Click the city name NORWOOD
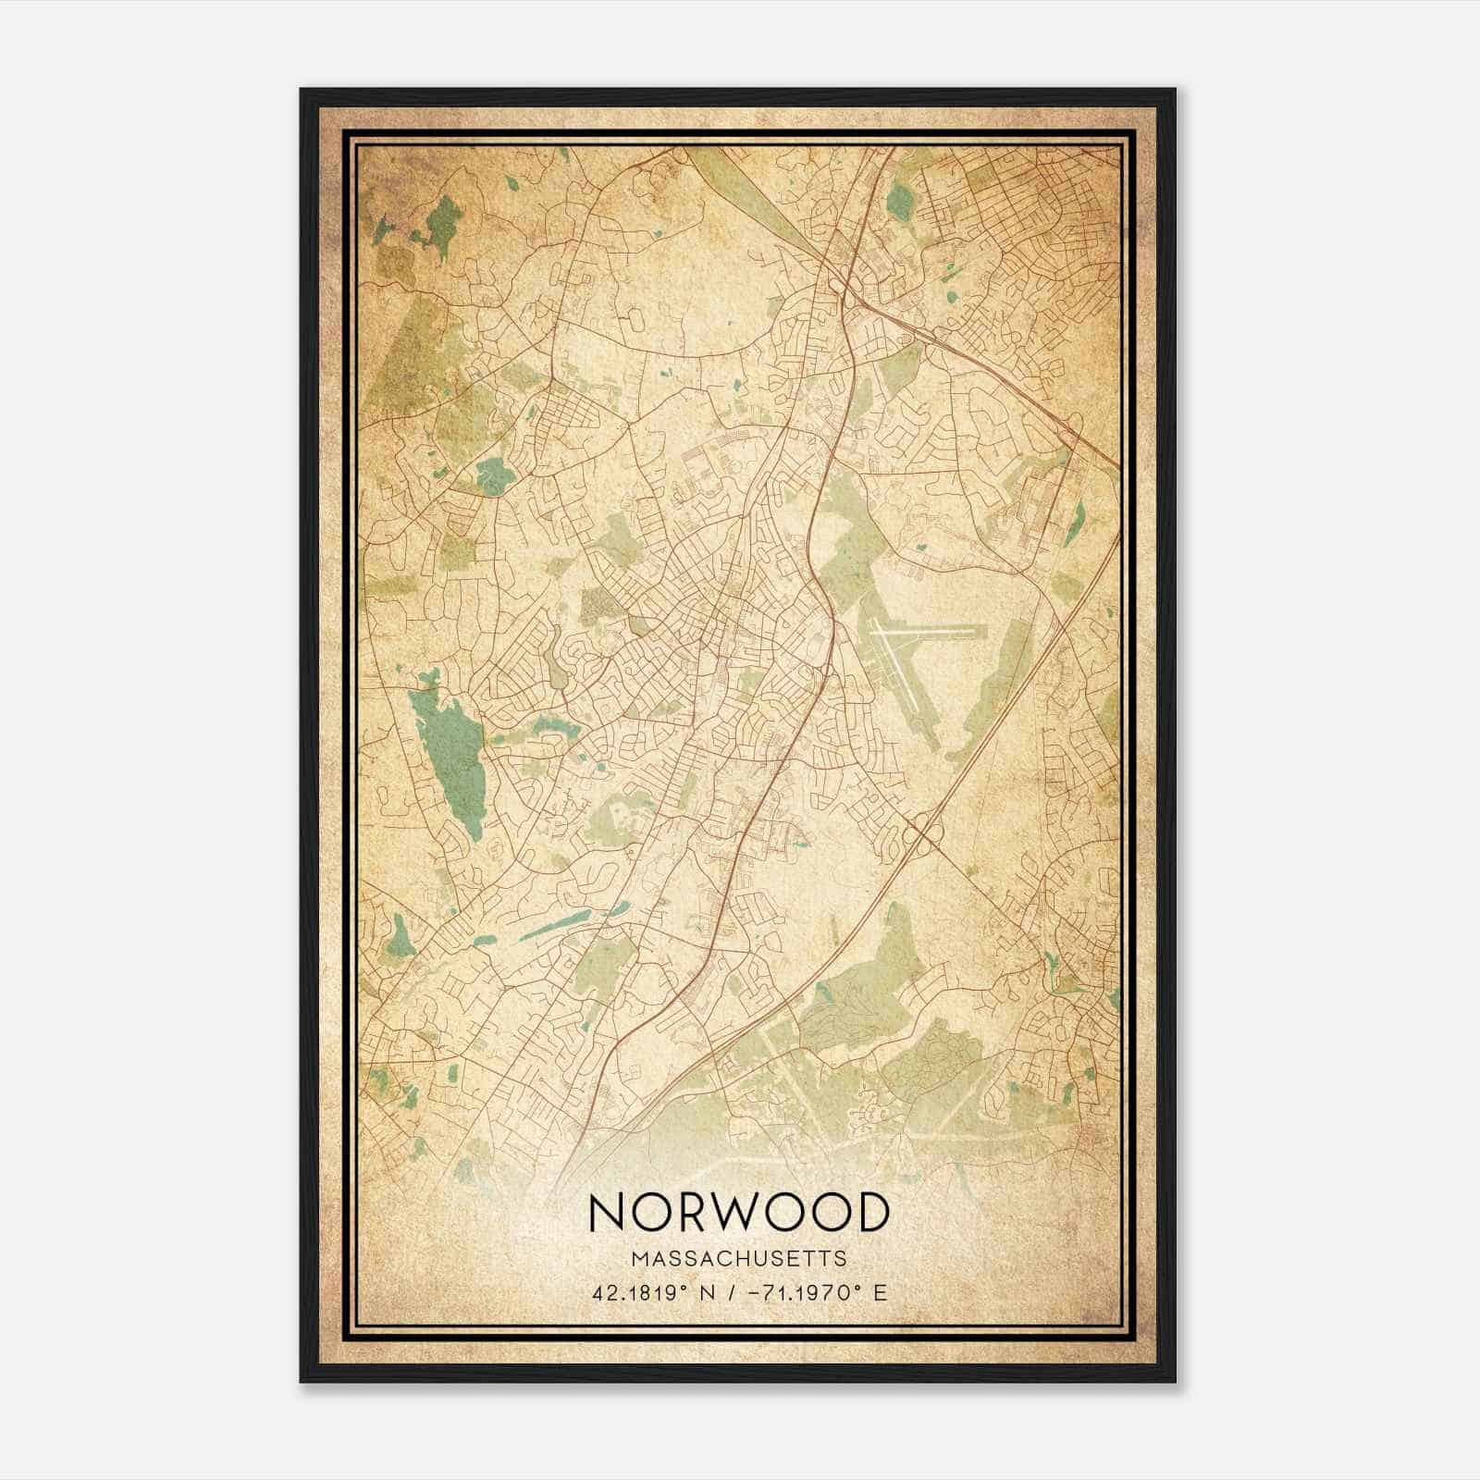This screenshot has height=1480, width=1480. [x=738, y=1213]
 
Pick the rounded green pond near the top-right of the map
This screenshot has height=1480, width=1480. [x=898, y=201]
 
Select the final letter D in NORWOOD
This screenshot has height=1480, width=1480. [x=871, y=1213]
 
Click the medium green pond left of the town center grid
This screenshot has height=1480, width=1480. [x=489, y=476]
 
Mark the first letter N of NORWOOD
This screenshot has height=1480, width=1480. [x=606, y=1213]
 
